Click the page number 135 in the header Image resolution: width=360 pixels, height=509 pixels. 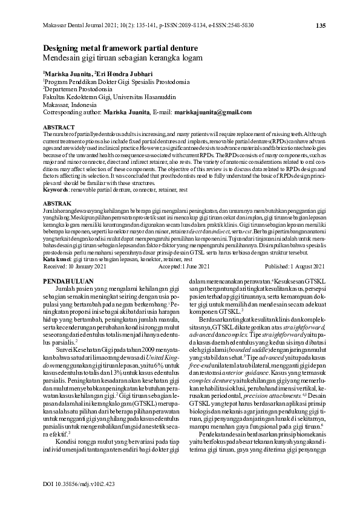point(321,25)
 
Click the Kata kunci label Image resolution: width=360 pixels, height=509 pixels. point(58,258)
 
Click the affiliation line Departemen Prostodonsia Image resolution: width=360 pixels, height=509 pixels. point(77,88)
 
